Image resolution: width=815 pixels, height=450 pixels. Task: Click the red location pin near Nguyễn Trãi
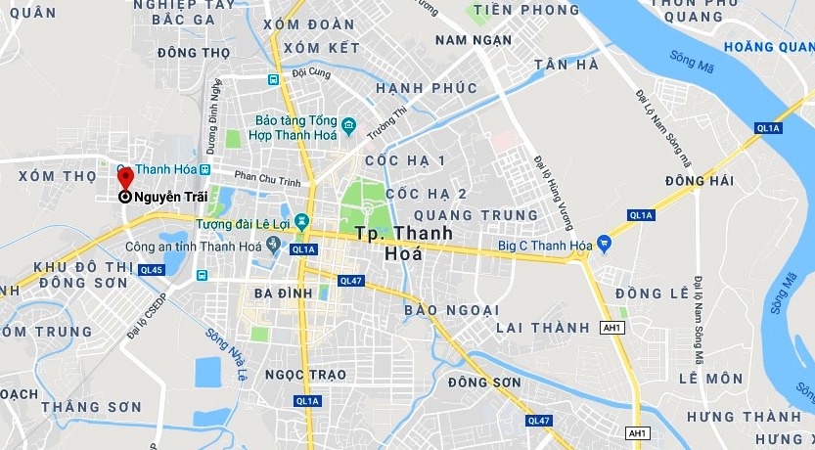(x=125, y=177)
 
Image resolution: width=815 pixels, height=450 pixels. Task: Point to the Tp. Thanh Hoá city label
(x=403, y=242)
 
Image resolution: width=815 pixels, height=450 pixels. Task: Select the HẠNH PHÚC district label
(x=427, y=88)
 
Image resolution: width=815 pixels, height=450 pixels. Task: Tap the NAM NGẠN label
(x=473, y=40)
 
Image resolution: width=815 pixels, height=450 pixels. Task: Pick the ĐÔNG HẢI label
(x=699, y=181)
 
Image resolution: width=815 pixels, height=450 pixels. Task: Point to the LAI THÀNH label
(x=543, y=327)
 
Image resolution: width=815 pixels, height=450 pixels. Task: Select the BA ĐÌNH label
(x=282, y=293)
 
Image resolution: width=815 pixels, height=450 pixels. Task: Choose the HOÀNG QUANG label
(x=768, y=46)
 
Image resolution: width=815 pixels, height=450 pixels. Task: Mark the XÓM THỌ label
(x=58, y=176)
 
